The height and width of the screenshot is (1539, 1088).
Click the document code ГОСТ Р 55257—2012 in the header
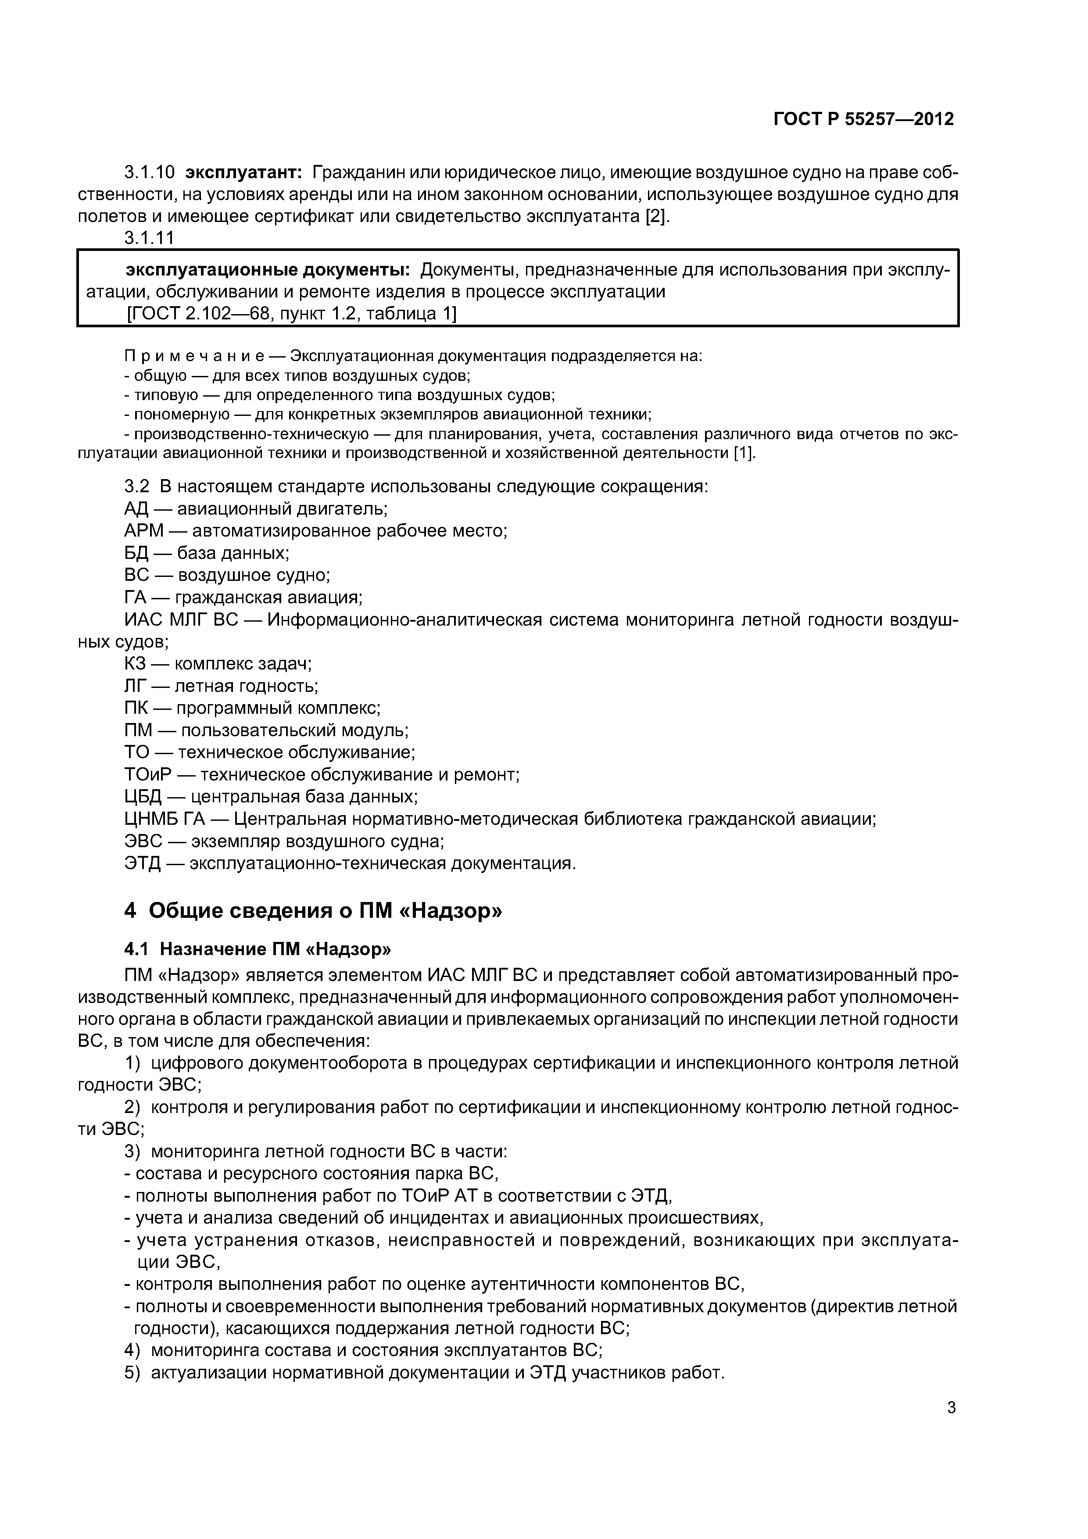(x=863, y=119)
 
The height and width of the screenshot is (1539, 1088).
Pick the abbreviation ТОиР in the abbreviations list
(x=147, y=775)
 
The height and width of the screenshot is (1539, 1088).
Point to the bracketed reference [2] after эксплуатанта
(x=656, y=217)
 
